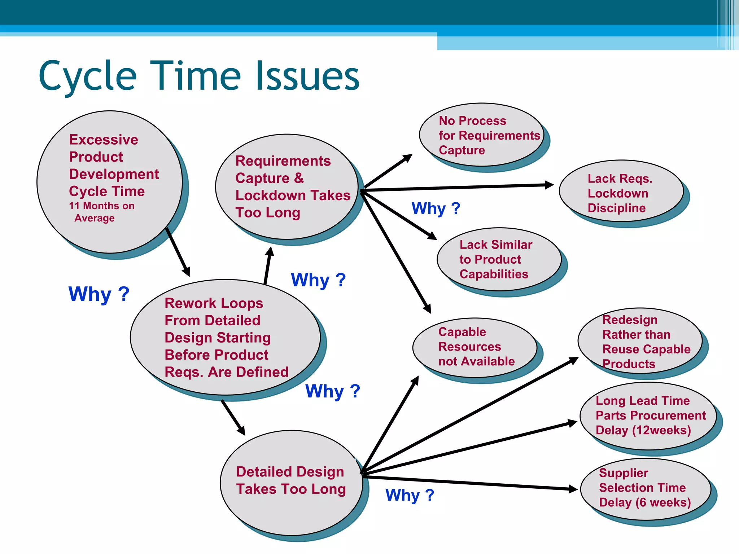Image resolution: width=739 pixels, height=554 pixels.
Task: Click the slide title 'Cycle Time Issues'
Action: pos(199,76)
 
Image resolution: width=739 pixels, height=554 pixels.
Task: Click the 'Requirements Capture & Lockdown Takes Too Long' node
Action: pos(287,186)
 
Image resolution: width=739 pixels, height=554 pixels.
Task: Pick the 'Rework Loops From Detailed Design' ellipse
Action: pos(225,337)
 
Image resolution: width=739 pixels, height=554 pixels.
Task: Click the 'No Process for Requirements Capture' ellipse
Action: pos(481,135)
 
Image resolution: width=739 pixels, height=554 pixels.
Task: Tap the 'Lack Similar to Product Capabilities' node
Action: pos(499,259)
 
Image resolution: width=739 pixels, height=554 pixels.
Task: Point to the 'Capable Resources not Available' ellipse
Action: pos(475,347)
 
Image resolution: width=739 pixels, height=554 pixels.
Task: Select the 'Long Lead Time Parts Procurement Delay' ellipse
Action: pos(648,415)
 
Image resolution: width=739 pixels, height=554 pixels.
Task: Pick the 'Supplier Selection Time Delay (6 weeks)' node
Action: pos(646,489)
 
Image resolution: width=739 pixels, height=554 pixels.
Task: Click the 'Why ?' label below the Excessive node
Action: pos(99,294)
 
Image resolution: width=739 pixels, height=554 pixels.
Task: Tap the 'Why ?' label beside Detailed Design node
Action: pos(410,495)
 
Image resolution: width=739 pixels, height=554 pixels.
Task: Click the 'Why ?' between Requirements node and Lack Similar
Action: pos(436,208)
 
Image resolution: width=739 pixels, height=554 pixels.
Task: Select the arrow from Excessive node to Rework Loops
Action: pos(178,252)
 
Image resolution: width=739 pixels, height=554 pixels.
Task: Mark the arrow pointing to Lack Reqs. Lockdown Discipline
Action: pos(458,187)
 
